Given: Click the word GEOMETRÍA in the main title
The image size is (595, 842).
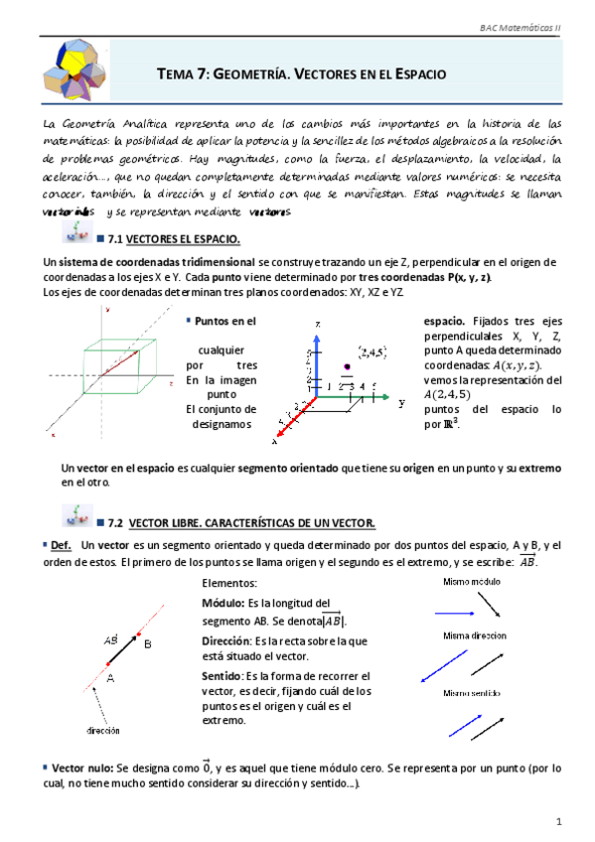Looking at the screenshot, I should click(x=258, y=74).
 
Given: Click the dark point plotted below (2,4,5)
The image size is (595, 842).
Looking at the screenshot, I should click(x=346, y=368).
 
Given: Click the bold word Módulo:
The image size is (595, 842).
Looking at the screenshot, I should click(x=229, y=602).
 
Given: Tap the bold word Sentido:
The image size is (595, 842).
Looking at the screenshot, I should click(x=229, y=675).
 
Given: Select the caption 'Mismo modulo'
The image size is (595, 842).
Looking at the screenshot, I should click(x=473, y=581).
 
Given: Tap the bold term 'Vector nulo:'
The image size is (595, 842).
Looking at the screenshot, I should click(x=79, y=767).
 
